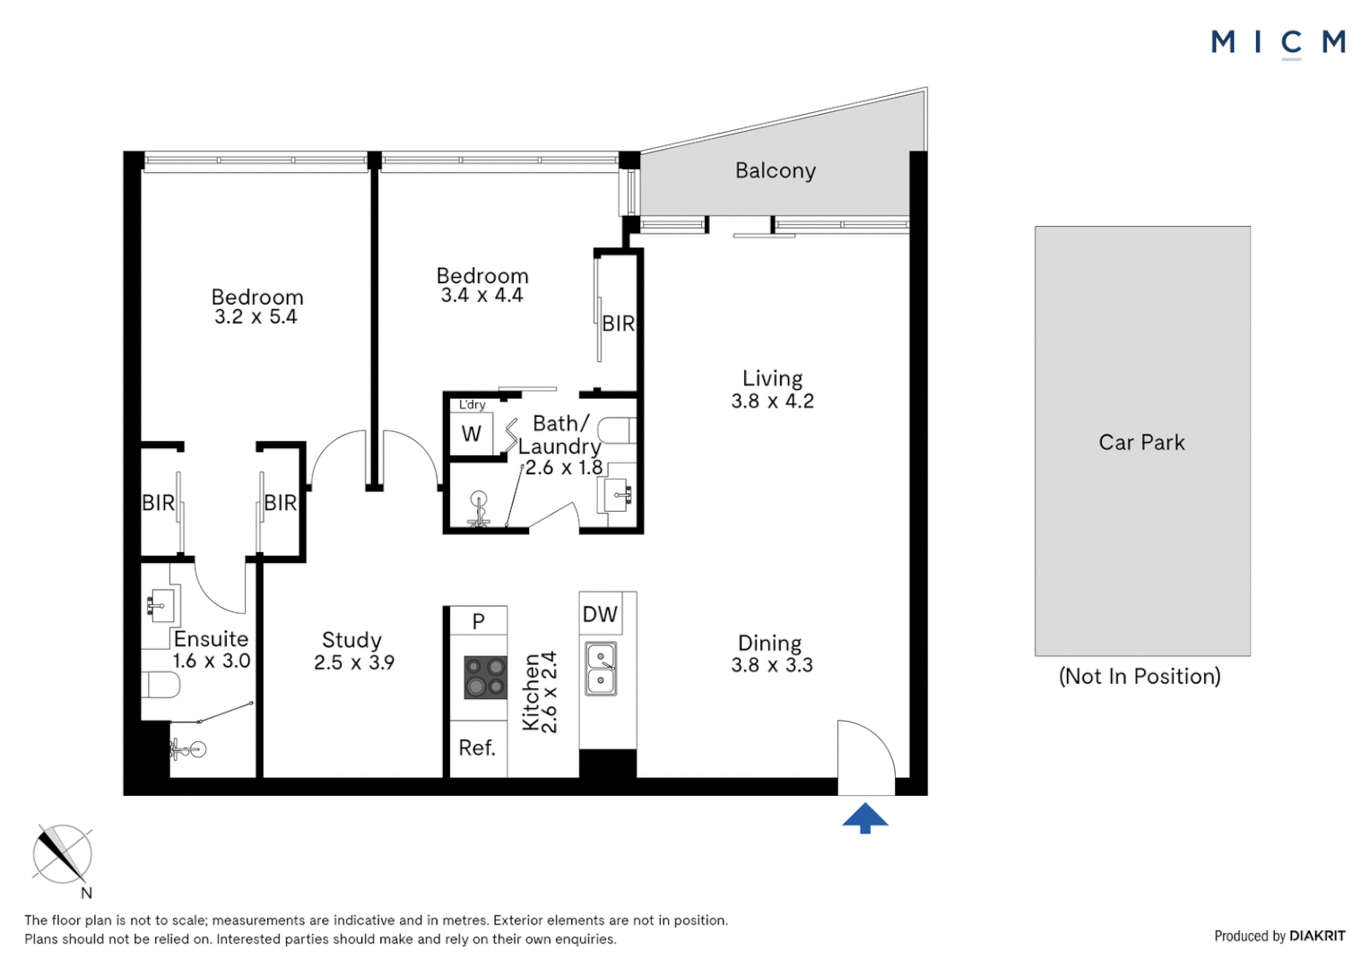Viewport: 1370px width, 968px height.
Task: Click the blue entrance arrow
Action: click(865, 818)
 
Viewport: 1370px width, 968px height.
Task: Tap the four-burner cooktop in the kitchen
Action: click(486, 677)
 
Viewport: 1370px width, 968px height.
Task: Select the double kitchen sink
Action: click(601, 669)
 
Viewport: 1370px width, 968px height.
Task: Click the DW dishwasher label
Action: click(600, 614)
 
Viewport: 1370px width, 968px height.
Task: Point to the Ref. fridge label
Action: click(477, 748)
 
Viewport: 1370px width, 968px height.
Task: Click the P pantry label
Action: click(478, 621)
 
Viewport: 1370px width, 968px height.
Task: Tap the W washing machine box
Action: click(471, 434)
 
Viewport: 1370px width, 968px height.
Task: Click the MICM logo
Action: click(1279, 43)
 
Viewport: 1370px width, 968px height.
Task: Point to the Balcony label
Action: click(776, 170)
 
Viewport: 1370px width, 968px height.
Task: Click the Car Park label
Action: click(1141, 442)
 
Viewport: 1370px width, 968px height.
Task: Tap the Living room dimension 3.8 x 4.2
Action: click(773, 402)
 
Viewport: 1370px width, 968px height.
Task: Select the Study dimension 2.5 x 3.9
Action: click(354, 662)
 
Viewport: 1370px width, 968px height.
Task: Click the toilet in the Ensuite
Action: click(160, 685)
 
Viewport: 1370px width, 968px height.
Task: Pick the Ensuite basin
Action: click(160, 605)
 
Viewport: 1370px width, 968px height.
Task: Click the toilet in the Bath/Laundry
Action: click(617, 430)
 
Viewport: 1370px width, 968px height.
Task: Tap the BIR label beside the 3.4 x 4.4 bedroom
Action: click(619, 324)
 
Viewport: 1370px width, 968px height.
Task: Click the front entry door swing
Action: click(866, 757)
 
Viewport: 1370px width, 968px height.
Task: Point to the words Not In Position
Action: click(1140, 677)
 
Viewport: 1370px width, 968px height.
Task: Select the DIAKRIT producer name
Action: click(1317, 936)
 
